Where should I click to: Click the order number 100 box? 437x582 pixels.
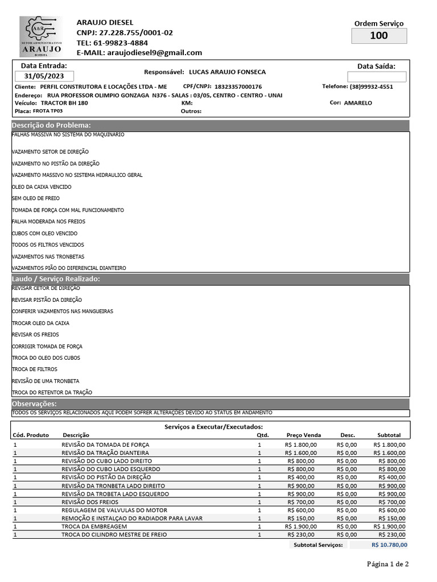pos(378,36)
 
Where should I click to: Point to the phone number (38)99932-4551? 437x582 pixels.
pos(371,87)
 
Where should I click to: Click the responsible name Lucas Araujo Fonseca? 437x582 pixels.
pos(227,72)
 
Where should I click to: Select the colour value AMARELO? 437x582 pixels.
pos(358,103)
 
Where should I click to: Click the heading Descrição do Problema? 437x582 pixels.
pos(52,125)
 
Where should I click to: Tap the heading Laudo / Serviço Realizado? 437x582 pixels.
pos(56,279)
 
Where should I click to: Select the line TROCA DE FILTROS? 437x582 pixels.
pos(34,369)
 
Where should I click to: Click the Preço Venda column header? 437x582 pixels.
pos(304,435)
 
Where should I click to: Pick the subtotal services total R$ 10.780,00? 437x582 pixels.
pos(389,544)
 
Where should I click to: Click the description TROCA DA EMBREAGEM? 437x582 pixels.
pos(94,527)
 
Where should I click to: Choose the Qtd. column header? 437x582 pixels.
pos(262,435)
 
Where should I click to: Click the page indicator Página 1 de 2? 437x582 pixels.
pos(387,564)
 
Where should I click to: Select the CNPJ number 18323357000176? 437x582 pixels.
pos(238,87)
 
